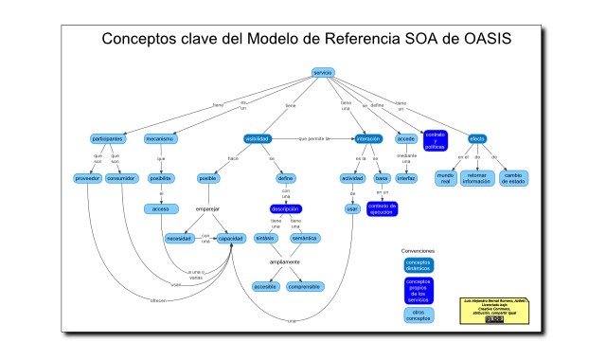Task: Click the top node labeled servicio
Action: (x=323, y=73)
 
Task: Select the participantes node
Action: (x=108, y=139)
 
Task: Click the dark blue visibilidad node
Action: (x=258, y=139)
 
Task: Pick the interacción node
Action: (x=367, y=139)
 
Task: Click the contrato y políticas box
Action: (x=435, y=140)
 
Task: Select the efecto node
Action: (x=477, y=139)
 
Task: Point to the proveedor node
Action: (x=88, y=178)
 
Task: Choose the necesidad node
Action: (x=180, y=239)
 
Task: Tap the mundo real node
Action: (x=445, y=178)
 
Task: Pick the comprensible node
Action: (x=305, y=286)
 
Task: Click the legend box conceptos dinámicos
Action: (x=418, y=265)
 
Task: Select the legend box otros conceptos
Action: (x=418, y=314)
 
